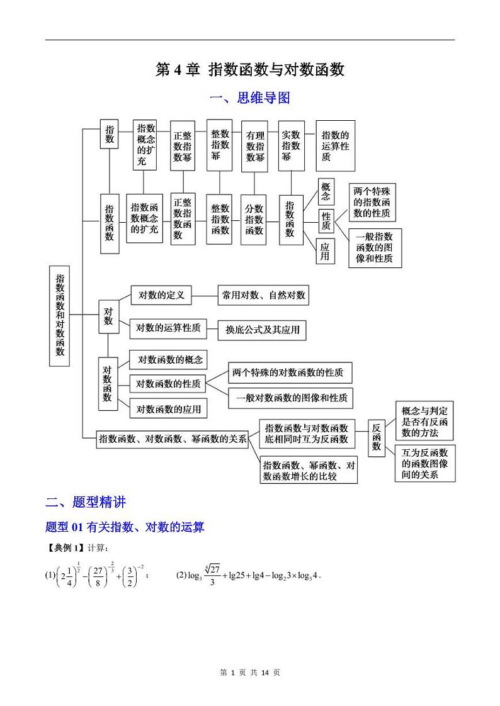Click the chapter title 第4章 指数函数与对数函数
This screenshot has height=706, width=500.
tap(250, 70)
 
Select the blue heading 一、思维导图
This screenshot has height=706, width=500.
tap(249, 98)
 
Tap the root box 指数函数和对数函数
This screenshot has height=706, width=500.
tap(60, 315)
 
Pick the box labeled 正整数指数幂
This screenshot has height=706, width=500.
tap(183, 146)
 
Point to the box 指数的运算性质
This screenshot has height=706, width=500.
tap(335, 146)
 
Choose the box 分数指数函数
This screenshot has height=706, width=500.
tap(254, 219)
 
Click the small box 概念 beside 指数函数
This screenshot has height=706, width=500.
tap(326, 191)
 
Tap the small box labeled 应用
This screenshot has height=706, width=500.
tap(325, 251)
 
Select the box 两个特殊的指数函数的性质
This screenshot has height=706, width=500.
tap(372, 202)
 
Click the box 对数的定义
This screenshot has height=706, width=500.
tap(161, 294)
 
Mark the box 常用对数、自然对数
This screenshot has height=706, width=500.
tap(263, 294)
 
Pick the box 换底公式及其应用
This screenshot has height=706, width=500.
tap(262, 330)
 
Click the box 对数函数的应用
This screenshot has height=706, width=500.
tap(169, 409)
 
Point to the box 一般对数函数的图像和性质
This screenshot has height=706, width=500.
tap(292, 398)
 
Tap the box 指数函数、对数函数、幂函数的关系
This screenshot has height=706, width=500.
tap(172, 439)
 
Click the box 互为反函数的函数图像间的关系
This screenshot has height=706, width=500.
tap(425, 464)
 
